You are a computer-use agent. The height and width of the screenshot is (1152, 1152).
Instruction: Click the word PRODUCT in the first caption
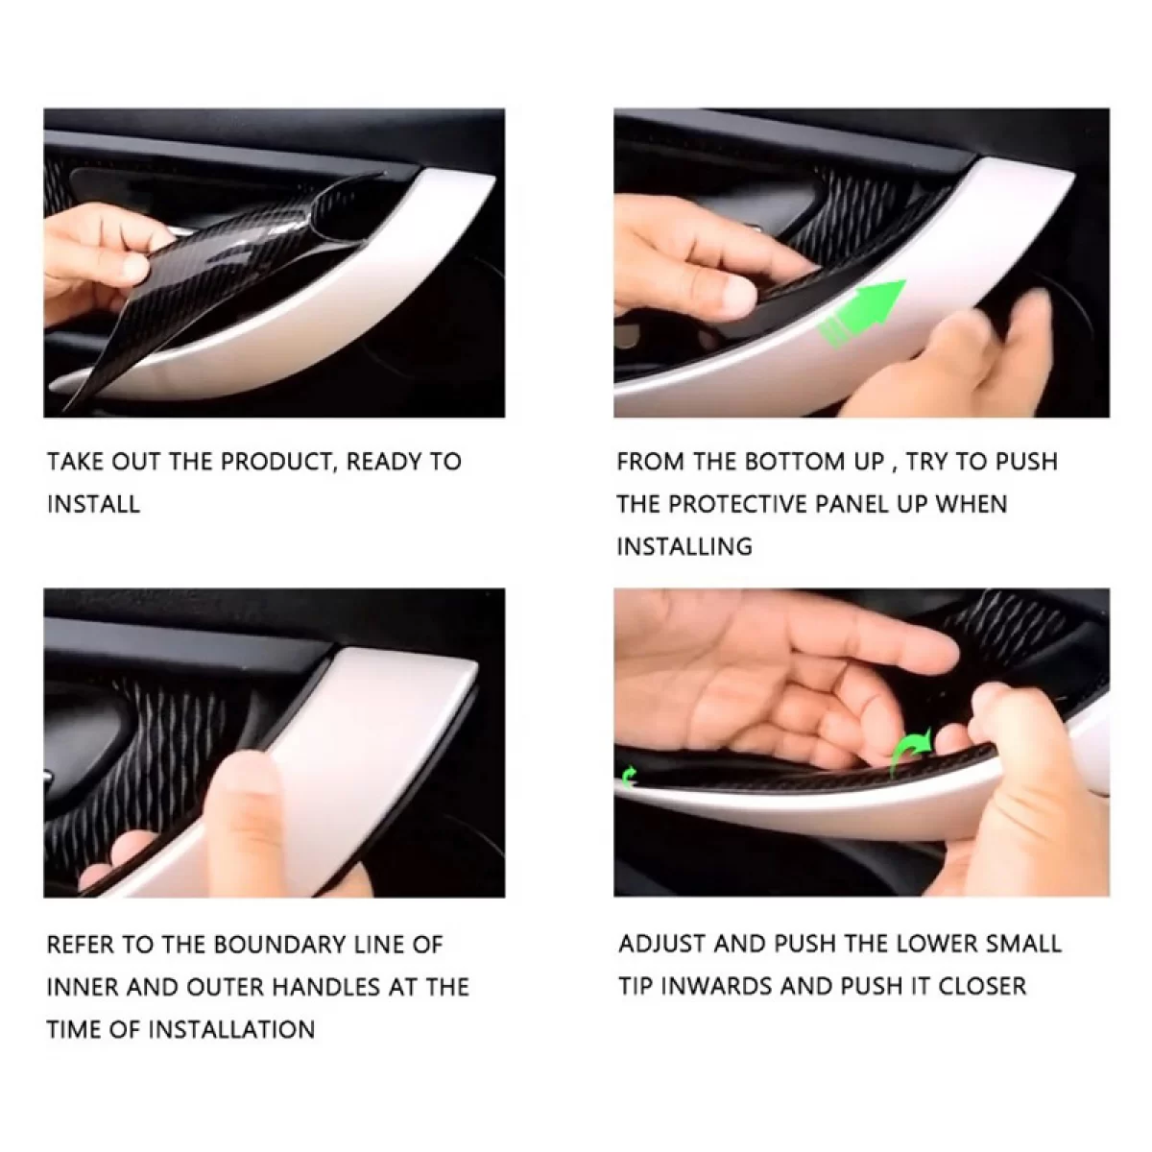pyautogui.click(x=276, y=462)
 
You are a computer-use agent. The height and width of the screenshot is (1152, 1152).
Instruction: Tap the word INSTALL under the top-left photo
pyautogui.click(x=93, y=504)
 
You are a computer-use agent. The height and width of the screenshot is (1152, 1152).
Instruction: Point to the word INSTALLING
pyautogui.click(x=684, y=546)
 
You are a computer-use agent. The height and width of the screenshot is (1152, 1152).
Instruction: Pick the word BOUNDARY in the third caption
pyautogui.click(x=278, y=945)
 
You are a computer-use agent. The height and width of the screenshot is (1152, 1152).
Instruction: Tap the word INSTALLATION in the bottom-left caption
pyautogui.click(x=231, y=1029)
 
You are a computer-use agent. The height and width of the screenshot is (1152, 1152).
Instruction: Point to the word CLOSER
pyautogui.click(x=982, y=986)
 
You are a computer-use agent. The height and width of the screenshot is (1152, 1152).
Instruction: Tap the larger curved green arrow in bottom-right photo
pyautogui.click(x=910, y=752)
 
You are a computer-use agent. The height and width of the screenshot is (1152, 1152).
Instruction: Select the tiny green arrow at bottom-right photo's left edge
pyautogui.click(x=629, y=777)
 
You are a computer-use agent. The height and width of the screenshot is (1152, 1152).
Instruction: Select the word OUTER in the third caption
pyautogui.click(x=226, y=987)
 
